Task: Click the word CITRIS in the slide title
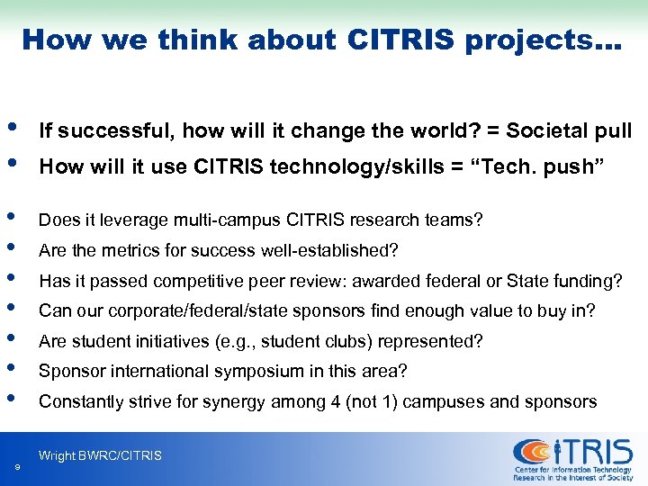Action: pyautogui.click(x=396, y=40)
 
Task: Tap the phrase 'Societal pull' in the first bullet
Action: pyautogui.click(x=569, y=131)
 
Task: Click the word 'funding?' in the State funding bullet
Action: pyautogui.click(x=590, y=281)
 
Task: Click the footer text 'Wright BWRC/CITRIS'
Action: pyautogui.click(x=100, y=455)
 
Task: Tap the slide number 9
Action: pyautogui.click(x=18, y=466)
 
